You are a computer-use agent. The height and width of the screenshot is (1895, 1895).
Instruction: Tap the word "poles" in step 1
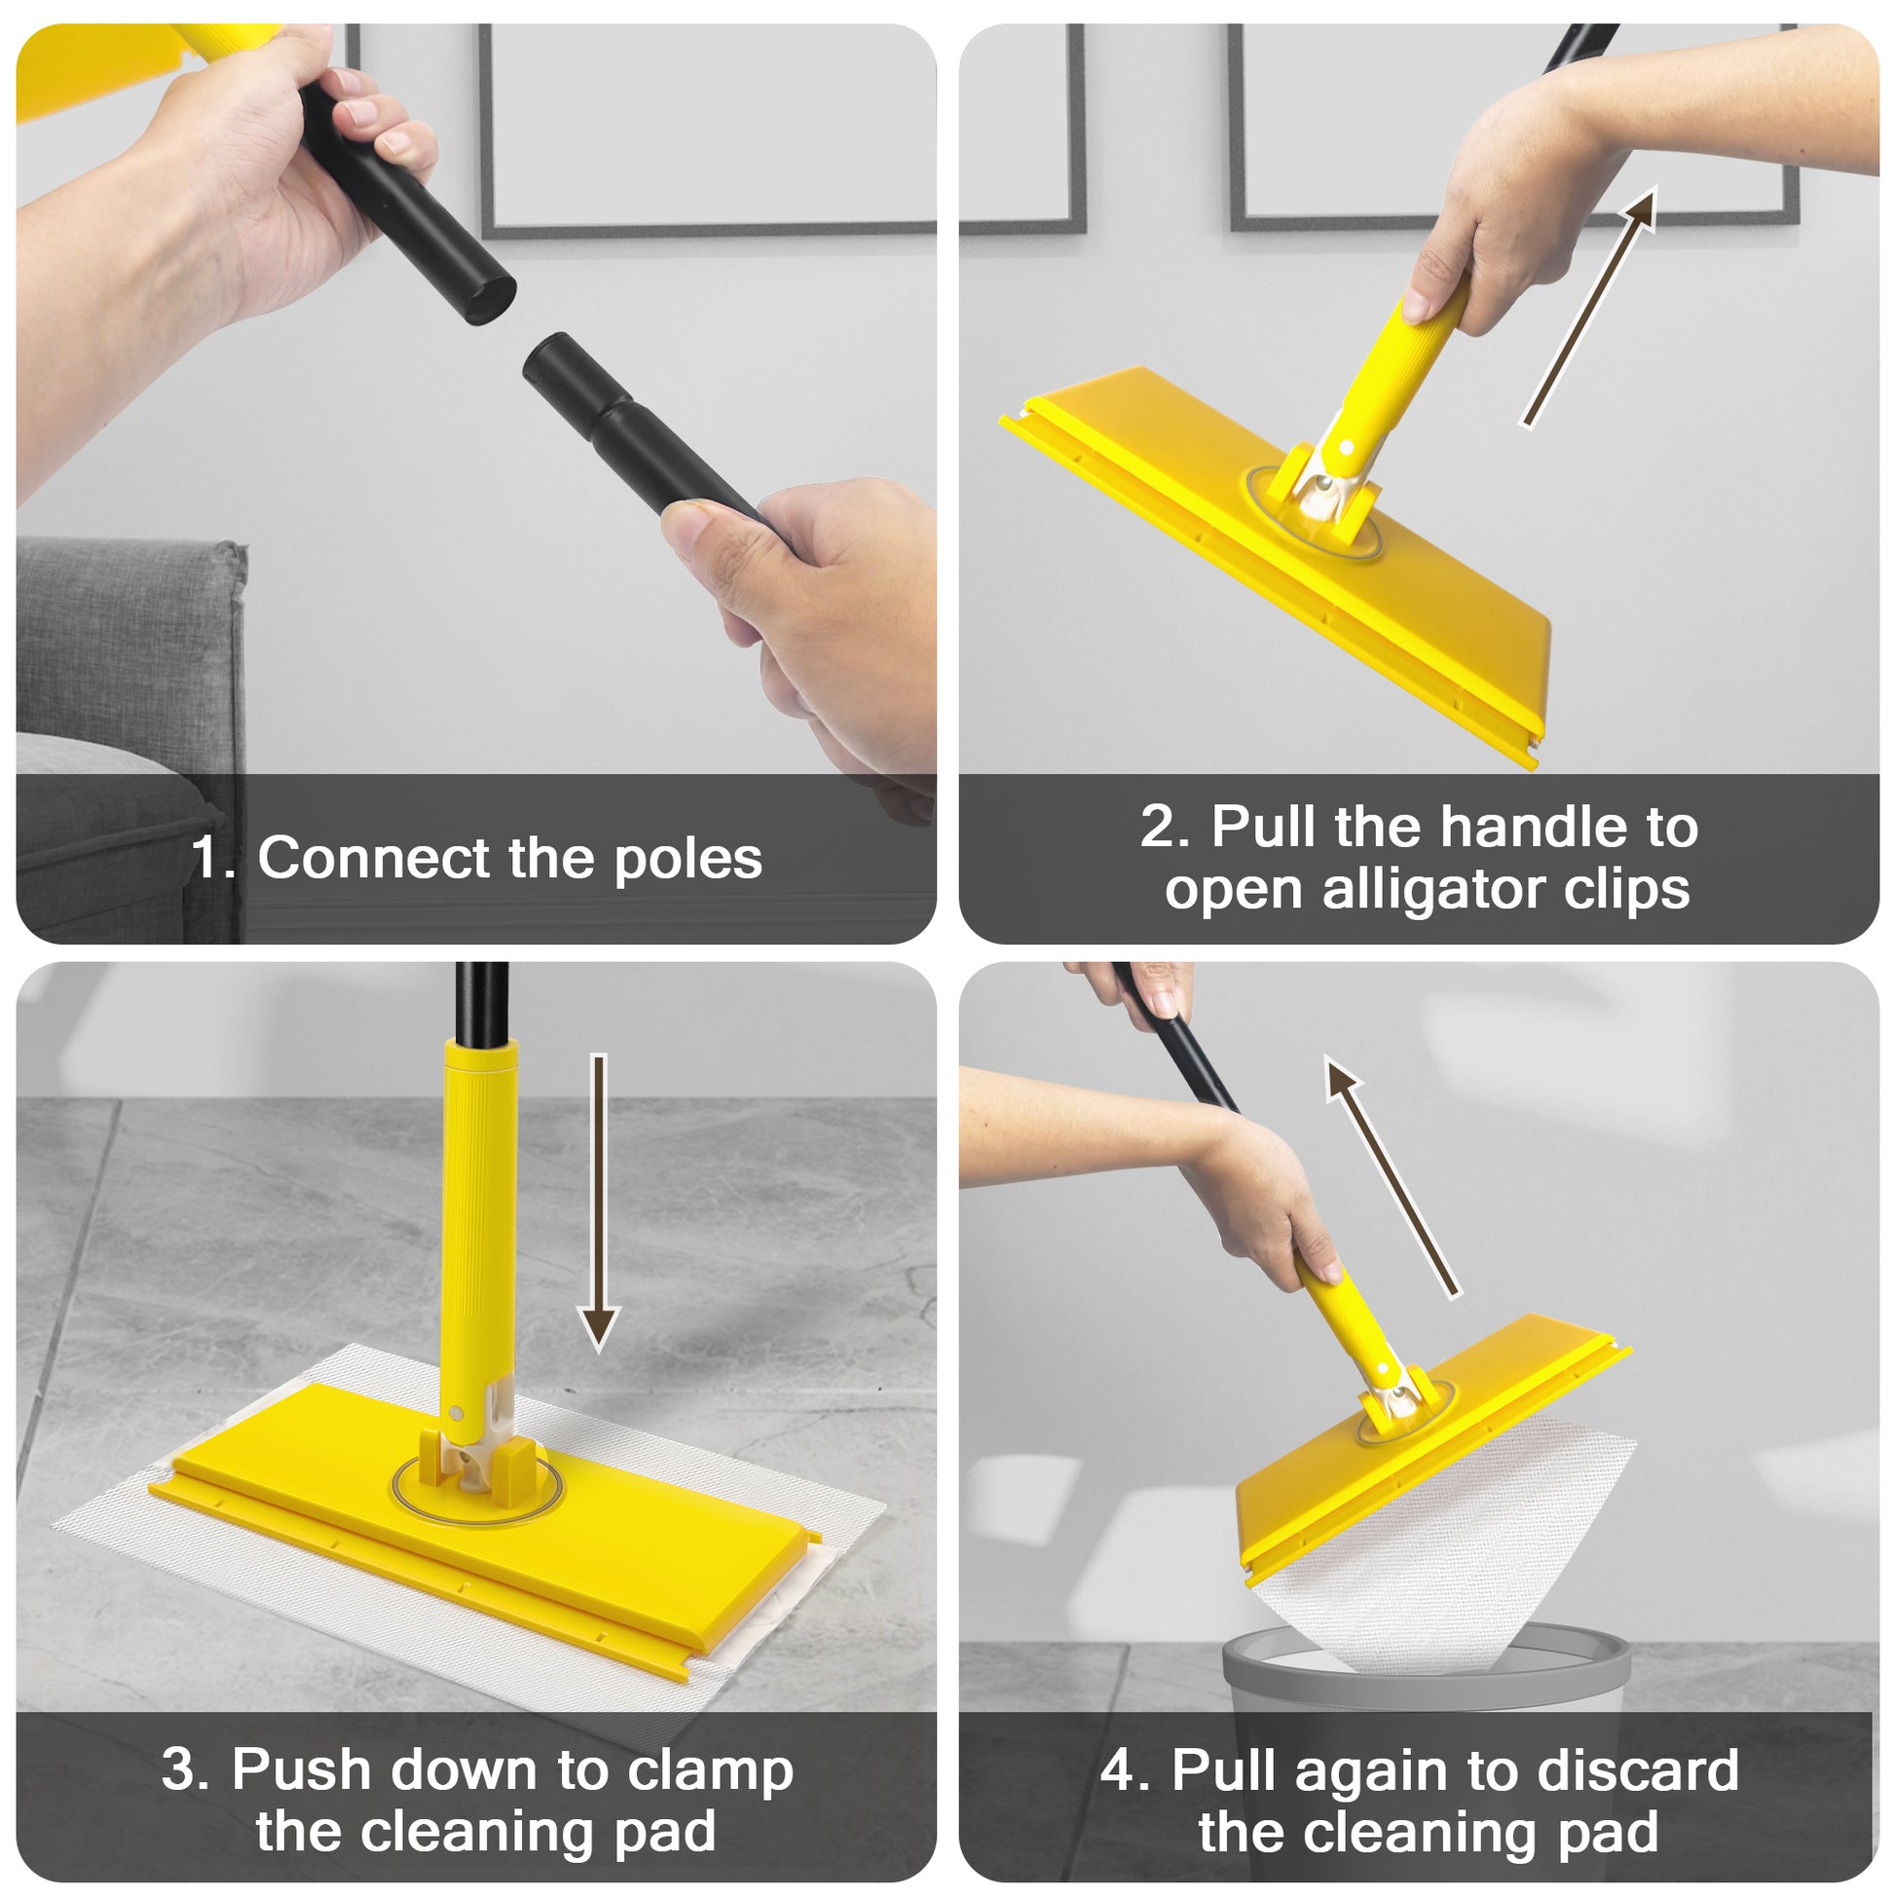click(687, 860)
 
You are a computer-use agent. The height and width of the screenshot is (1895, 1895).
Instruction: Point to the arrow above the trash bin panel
click(1393, 1176)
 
